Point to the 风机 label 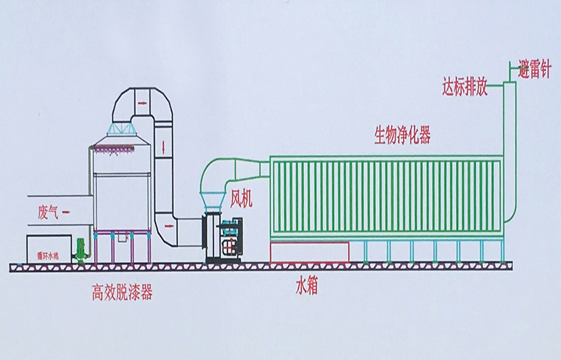pyautogui.click(x=242, y=199)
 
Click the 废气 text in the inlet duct pyautogui.click(x=48, y=213)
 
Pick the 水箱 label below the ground pyautogui.click(x=307, y=287)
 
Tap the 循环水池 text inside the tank pyautogui.click(x=47, y=255)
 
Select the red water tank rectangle pyautogui.click(x=309, y=252)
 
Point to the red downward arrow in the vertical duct pyautogui.click(x=163, y=148)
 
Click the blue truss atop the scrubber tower pyautogui.click(x=122, y=129)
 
